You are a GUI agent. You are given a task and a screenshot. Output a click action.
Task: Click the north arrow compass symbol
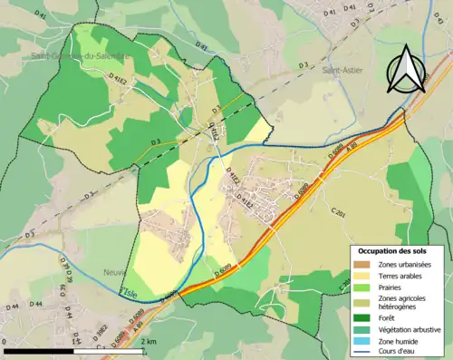(x=405, y=69)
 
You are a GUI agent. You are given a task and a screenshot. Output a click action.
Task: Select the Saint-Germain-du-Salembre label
(x=94, y=54)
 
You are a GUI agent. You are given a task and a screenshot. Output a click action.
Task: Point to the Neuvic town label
(x=115, y=271)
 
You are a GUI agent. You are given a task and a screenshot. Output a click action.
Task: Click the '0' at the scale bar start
(x=5, y=341)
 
